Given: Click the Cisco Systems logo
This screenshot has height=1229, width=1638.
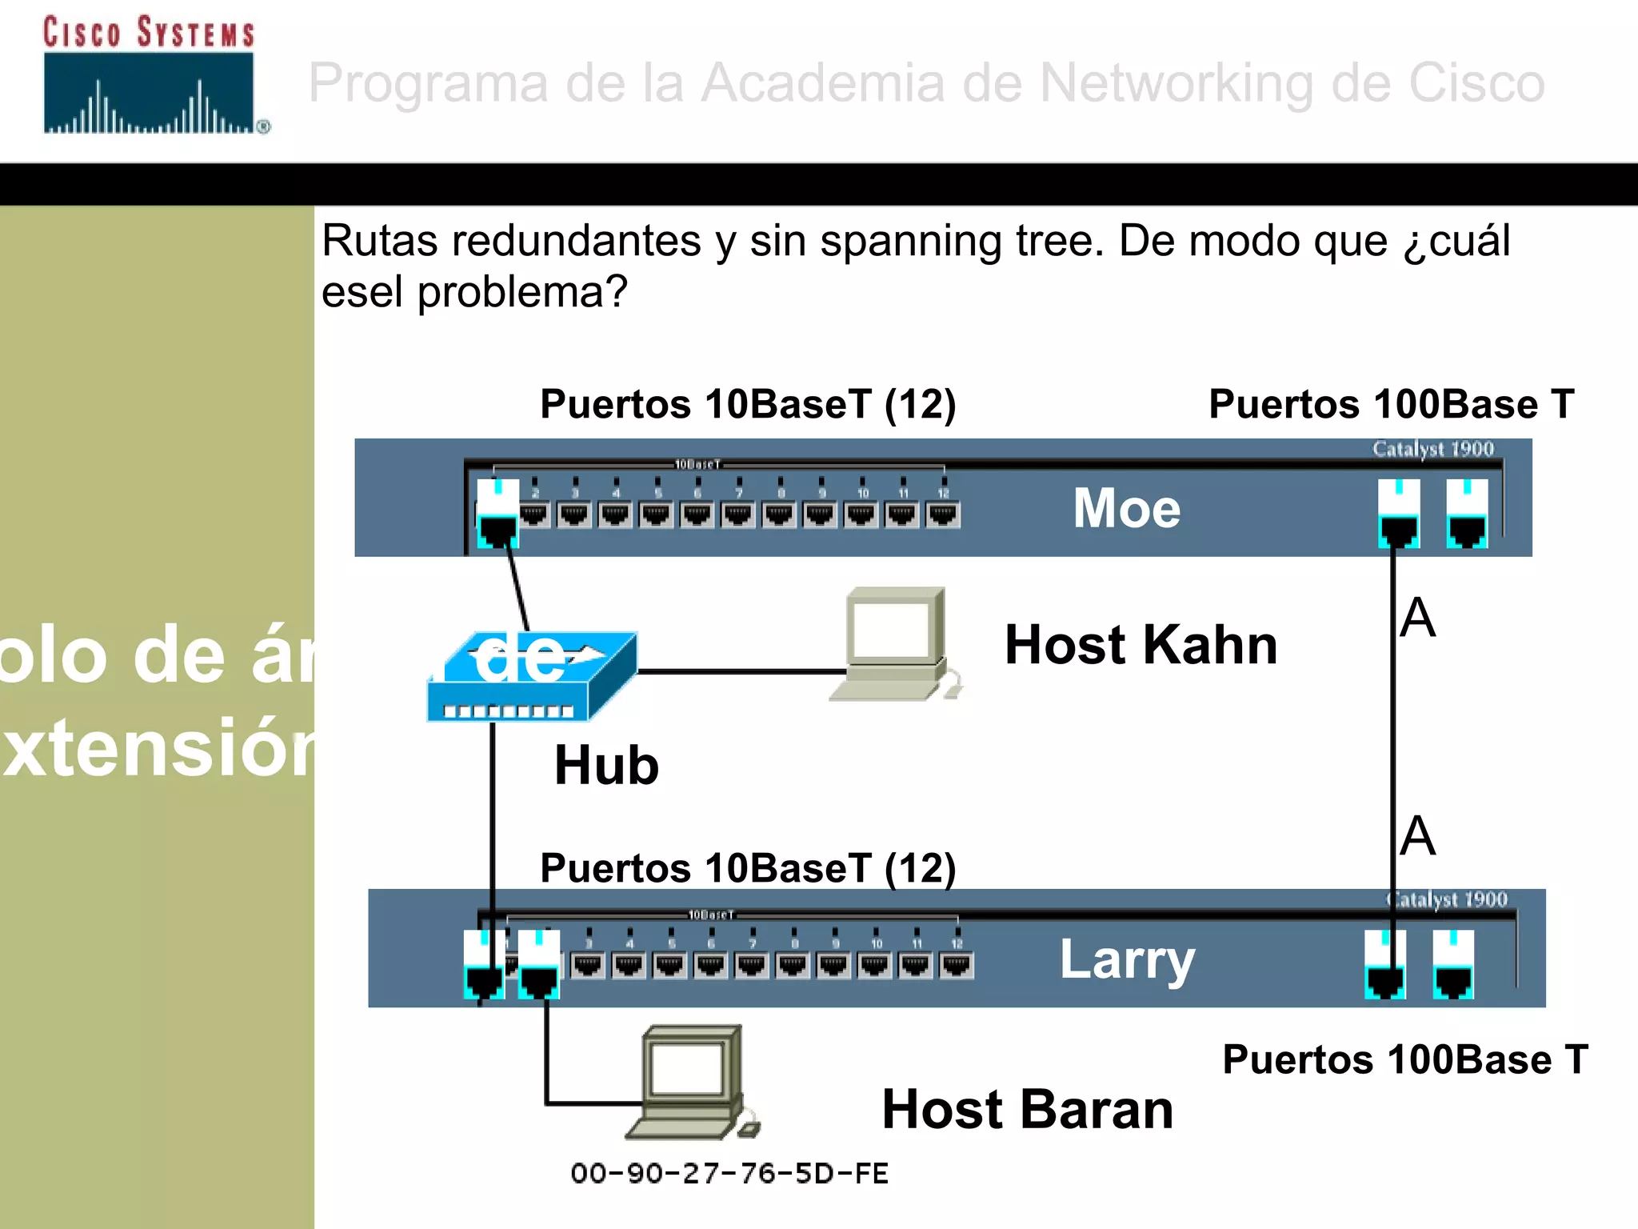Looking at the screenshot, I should coord(152,76).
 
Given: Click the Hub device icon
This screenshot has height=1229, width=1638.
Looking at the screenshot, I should coord(531,679).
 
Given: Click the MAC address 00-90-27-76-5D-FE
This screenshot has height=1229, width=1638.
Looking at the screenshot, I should coord(729,1174).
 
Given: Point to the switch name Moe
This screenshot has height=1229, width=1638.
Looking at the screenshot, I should coord(1126,509).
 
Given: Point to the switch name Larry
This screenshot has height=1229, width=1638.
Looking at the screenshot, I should coord(1127,959).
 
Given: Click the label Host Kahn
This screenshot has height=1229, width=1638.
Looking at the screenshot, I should coord(1141,645).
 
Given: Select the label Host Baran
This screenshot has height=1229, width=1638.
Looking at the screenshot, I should coord(1027,1110).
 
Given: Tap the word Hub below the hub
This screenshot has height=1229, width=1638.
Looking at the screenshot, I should coord(606,766).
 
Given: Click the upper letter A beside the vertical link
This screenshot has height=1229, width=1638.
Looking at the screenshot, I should coord(1418,618).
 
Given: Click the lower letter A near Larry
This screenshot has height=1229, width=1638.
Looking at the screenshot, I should coord(1418,836).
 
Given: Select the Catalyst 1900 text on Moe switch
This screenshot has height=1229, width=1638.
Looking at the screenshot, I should coord(1432,449).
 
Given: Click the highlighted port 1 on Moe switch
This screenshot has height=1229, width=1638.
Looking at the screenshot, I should coord(497,514).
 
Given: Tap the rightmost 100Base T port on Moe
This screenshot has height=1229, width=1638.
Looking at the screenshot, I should coord(1467,514).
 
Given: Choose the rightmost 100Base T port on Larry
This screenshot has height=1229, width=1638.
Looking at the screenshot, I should coord(1453,965).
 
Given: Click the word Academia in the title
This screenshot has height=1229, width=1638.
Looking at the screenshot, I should coord(822,82).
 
